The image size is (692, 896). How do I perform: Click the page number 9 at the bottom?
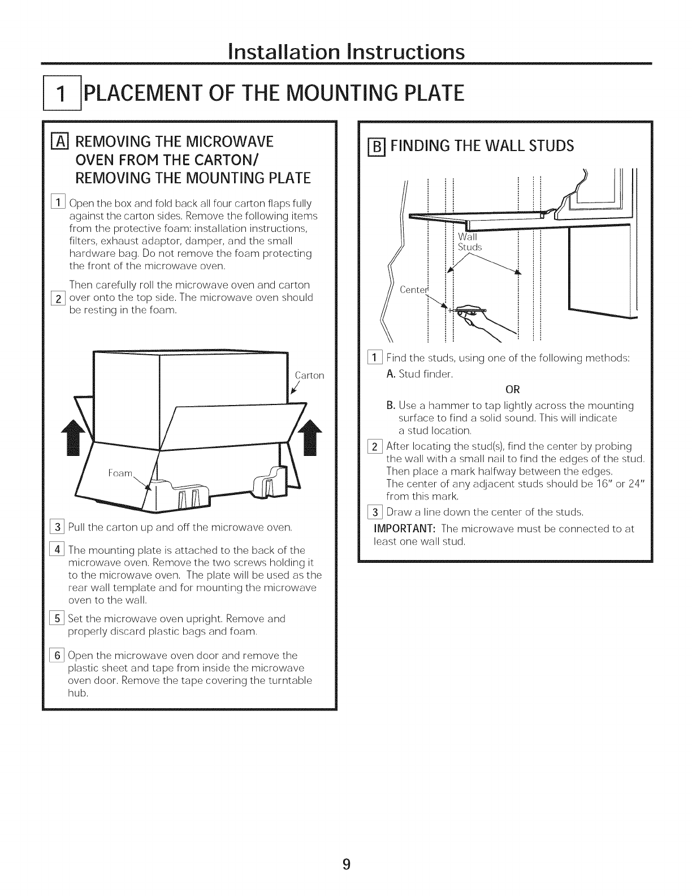pos(347,864)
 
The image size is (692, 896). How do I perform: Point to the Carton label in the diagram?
pos(309,375)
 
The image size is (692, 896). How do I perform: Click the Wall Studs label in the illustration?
pos(469,242)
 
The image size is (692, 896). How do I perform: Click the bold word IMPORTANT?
pos(405,529)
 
